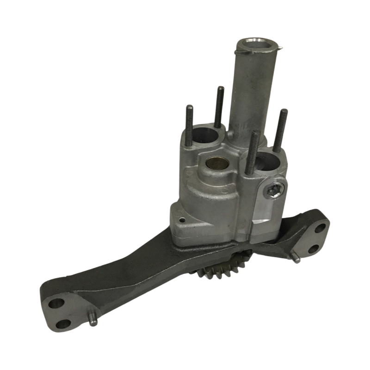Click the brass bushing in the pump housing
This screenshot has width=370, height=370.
[x=214, y=164]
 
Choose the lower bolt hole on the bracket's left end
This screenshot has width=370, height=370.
[x=63, y=323]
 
